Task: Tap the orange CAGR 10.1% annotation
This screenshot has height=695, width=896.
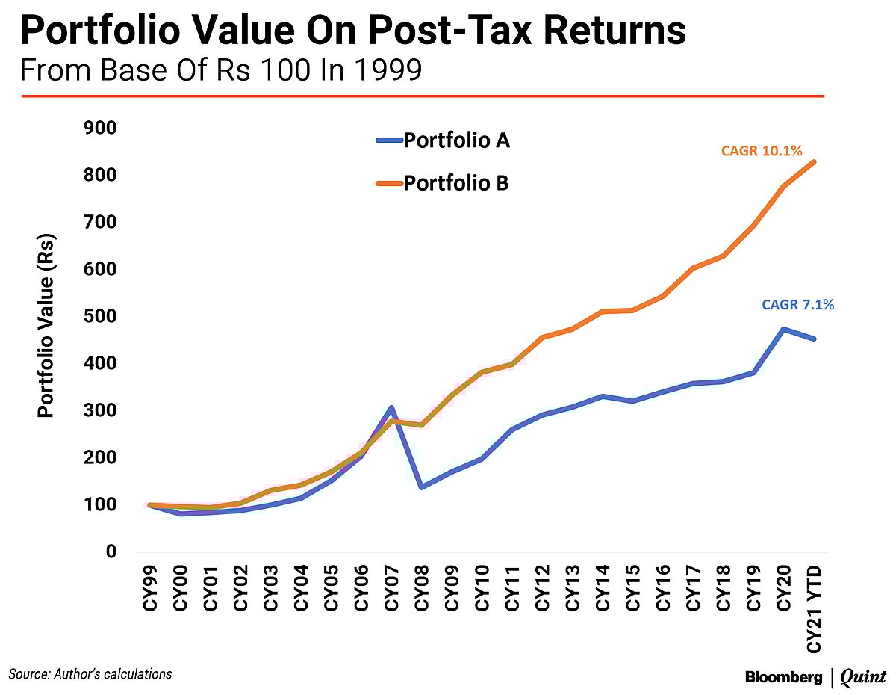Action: (x=762, y=152)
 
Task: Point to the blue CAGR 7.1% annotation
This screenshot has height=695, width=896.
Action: (x=797, y=305)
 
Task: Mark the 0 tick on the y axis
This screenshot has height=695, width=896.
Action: (x=111, y=552)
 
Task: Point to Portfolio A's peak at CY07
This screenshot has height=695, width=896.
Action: (x=391, y=408)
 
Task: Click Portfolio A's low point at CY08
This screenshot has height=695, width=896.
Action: (x=421, y=486)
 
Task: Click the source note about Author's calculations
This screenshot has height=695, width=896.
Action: (x=90, y=673)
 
